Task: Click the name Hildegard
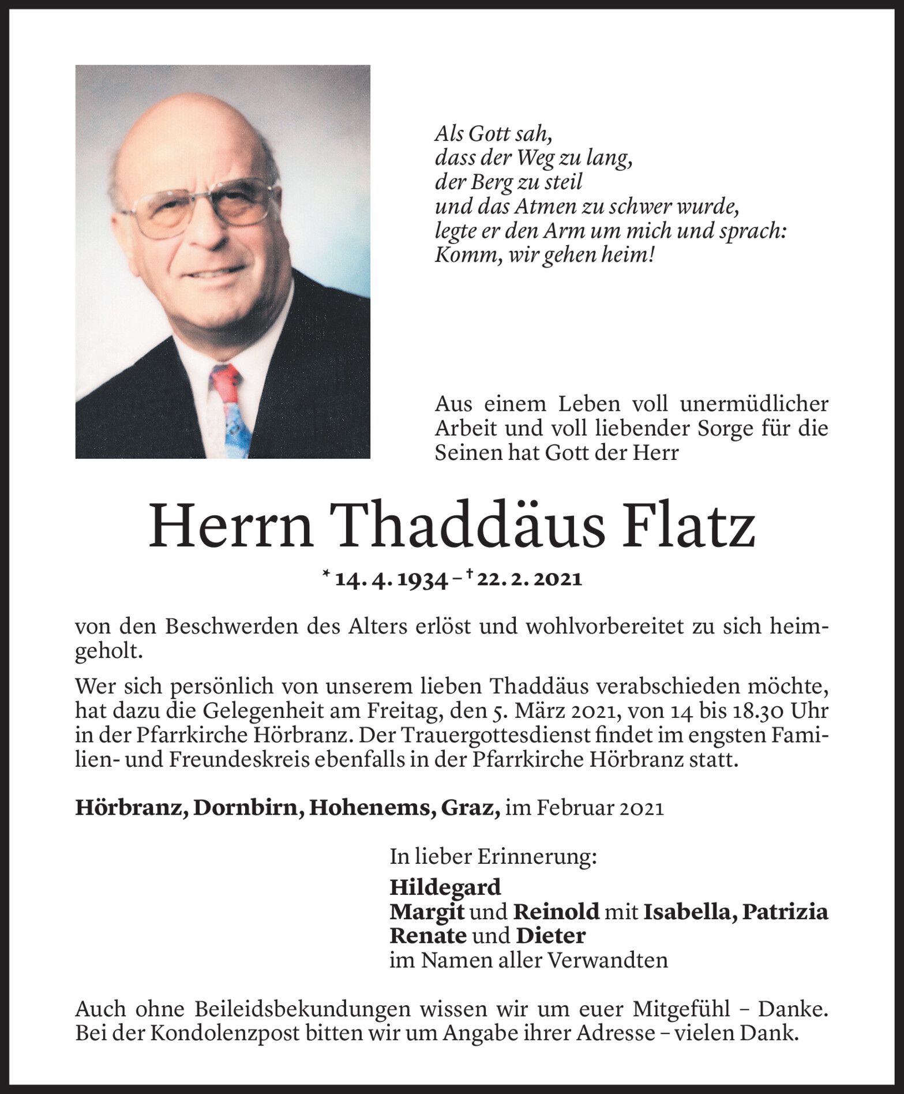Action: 445,887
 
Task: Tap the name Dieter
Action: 550,935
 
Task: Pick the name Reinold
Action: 556,912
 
